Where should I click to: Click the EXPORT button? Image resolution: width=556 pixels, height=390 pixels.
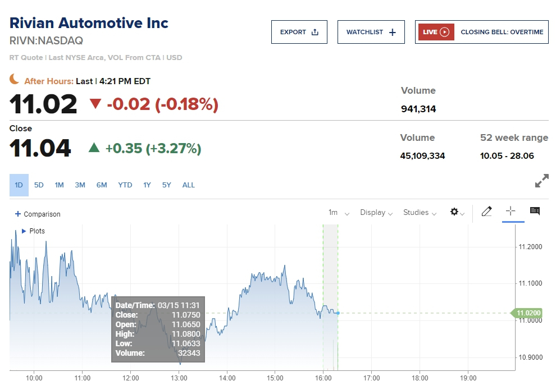pos(299,32)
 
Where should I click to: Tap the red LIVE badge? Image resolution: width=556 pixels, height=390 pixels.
pos(436,32)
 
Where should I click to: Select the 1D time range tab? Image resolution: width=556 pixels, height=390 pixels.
pos(19,185)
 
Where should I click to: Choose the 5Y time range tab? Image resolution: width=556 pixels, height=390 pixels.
pos(167,185)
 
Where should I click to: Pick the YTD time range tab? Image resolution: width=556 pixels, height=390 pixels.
pos(125,185)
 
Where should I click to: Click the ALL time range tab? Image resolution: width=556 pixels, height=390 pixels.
pos(189,185)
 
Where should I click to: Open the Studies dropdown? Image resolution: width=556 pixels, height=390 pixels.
pos(420,213)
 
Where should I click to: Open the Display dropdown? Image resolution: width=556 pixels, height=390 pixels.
pos(376,213)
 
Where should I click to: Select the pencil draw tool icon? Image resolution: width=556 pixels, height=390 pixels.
pos(486,212)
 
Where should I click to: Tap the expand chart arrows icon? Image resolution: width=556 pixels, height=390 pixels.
pos(541,181)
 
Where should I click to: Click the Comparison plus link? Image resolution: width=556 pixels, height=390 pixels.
pos(38,214)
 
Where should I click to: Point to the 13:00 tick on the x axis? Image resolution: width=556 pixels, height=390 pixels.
pos(179,378)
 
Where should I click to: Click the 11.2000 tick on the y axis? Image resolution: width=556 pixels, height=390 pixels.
pos(530,247)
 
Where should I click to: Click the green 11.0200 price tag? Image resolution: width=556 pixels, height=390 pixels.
pos(528,313)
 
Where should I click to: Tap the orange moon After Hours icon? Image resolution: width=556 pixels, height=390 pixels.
pos(15,80)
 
